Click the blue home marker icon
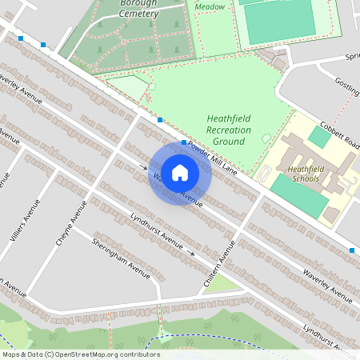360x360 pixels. click(180, 172)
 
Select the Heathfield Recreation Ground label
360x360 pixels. click(229, 130)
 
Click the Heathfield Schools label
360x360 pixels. click(303, 174)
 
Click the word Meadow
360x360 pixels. click(210, 6)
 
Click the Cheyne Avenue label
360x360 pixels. click(78, 222)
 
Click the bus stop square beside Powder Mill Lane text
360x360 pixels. click(184, 142)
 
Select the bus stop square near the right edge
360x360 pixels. click(351, 250)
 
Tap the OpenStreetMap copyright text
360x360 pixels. click(80, 354)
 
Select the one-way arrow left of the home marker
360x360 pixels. click(144, 167)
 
